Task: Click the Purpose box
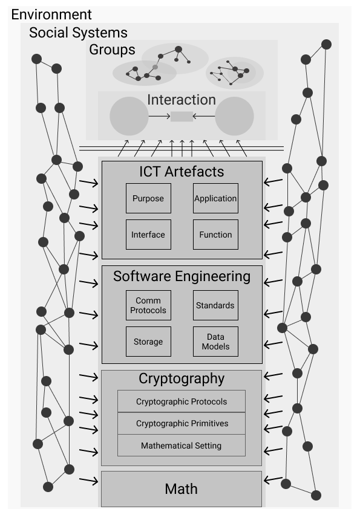point(148,198)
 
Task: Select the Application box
point(216,198)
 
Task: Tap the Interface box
point(148,235)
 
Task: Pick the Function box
point(216,235)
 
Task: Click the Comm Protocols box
point(148,305)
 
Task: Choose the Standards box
point(216,305)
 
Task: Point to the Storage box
point(148,342)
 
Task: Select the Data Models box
point(216,342)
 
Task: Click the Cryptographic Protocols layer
point(182,401)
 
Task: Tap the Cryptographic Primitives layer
point(182,423)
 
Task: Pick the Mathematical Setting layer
point(182,446)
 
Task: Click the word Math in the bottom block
point(181,489)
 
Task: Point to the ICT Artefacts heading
point(182,172)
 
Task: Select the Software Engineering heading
point(182,277)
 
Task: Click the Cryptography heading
point(182,379)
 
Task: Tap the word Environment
point(51,15)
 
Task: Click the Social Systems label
point(78,33)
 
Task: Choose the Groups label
point(112,50)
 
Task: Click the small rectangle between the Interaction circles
point(182,116)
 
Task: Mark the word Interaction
point(182,100)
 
